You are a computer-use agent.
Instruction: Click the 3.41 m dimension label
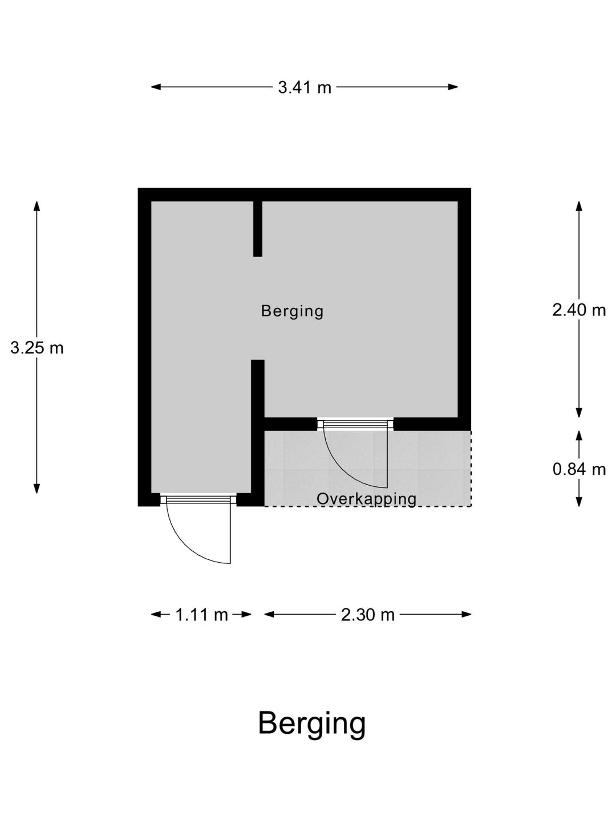tap(305, 88)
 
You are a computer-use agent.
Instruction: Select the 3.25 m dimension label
tap(37, 348)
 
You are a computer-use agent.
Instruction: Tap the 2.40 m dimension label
tap(578, 310)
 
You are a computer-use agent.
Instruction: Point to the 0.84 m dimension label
tap(578, 469)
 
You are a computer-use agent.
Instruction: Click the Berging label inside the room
tap(292, 311)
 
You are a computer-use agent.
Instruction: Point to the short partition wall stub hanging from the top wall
tap(257, 229)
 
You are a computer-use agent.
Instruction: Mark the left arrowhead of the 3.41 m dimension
tap(156, 87)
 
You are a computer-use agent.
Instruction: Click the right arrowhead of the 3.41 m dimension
tap(453, 87)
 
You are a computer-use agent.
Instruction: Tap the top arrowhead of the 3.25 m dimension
tap(37, 206)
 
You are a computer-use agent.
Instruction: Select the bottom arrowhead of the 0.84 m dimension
tap(579, 502)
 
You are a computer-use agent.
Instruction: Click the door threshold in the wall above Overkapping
tap(355, 424)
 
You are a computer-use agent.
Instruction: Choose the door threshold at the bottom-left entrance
tap(198, 499)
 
